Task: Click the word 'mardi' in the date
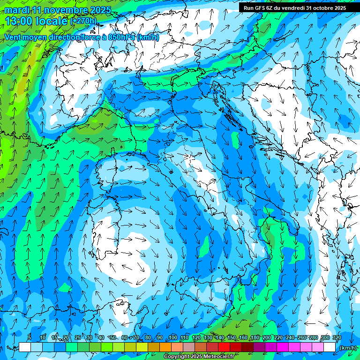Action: (15, 10)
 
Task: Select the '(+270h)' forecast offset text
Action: (83, 21)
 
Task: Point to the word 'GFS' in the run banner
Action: (259, 8)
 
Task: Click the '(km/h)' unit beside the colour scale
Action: (347, 348)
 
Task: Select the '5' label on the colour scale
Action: (30, 337)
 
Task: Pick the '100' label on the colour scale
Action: (173, 337)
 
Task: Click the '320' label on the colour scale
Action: (337, 337)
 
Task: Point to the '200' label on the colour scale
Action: (267, 337)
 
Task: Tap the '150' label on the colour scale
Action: (232, 337)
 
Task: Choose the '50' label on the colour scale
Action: (113, 337)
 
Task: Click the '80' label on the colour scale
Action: (148, 337)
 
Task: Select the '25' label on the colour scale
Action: (78, 337)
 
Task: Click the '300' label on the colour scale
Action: (325, 337)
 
